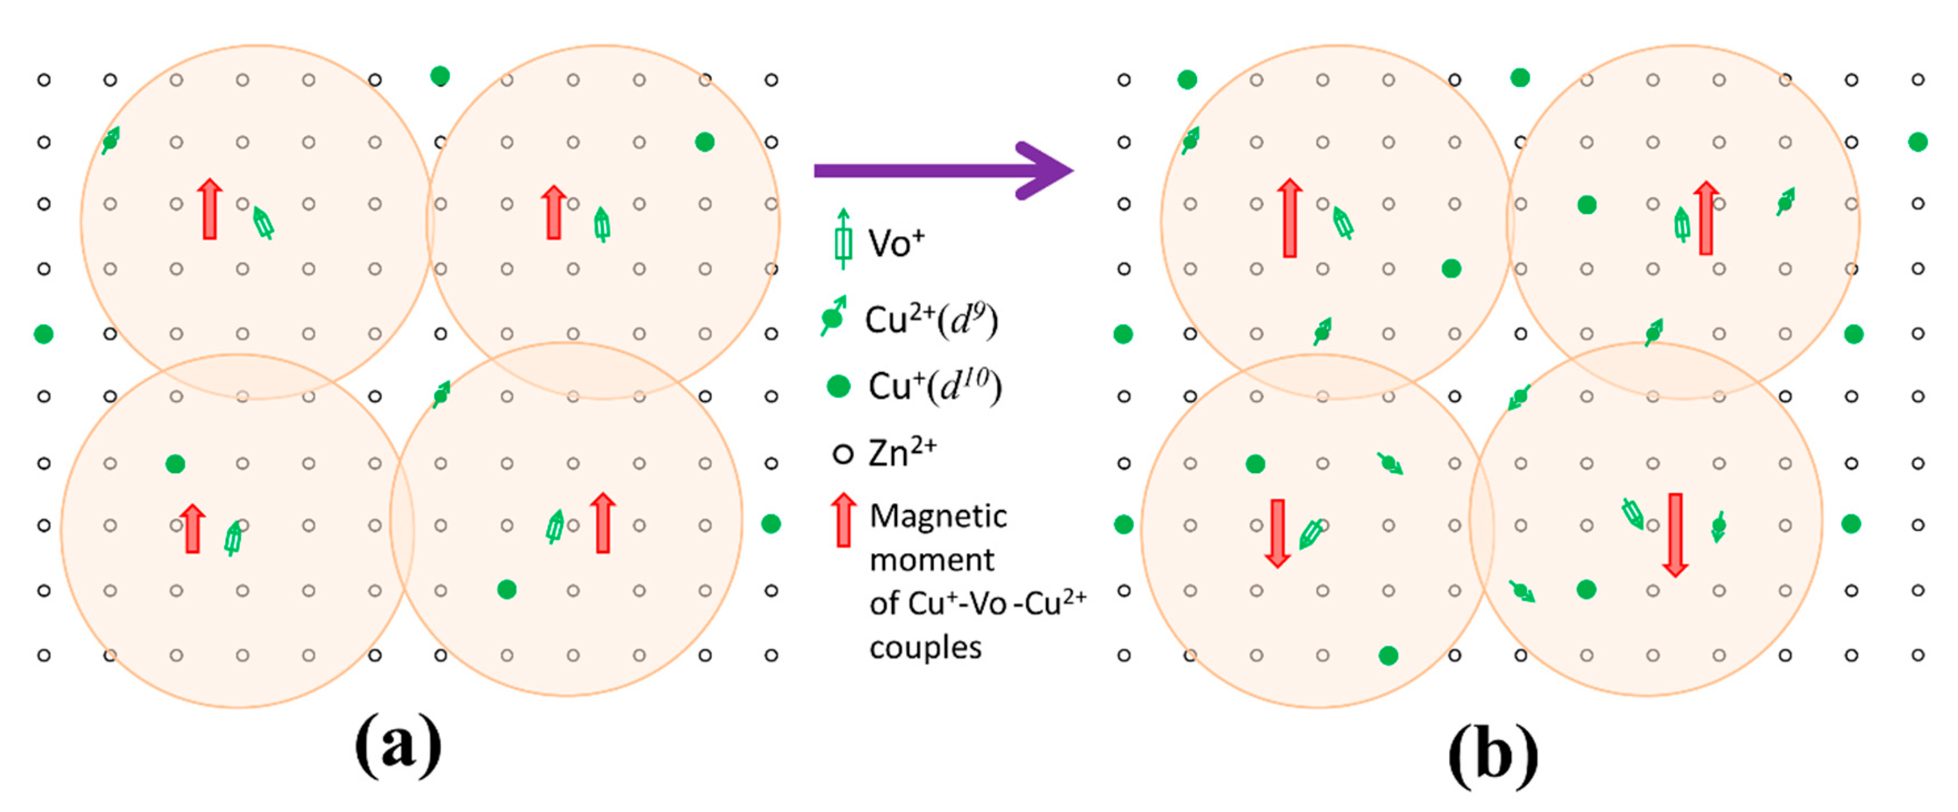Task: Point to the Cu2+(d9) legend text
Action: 931,319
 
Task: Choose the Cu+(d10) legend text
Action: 935,386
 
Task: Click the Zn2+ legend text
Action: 902,453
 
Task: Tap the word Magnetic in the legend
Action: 938,516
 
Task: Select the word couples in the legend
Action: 925,648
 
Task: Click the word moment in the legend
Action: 931,560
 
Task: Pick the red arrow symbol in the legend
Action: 843,520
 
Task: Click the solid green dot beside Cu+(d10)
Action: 837,386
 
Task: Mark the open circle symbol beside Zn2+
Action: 842,454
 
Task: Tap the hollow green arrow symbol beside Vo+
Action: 842,240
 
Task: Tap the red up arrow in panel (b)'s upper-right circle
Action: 1706,218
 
